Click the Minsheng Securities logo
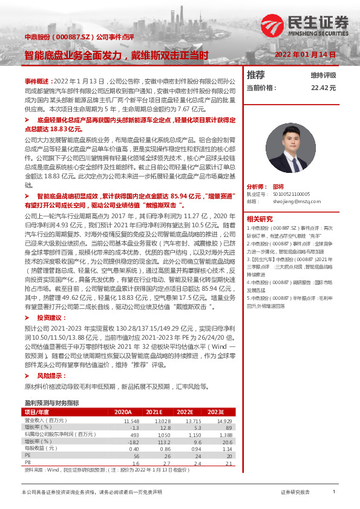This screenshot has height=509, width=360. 304,25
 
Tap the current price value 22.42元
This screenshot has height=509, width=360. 324,88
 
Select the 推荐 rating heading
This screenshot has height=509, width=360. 257,75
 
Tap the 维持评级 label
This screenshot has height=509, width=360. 323,76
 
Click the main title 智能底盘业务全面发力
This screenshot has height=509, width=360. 116,54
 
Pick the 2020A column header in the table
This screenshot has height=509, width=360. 123,412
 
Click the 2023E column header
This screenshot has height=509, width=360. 216,412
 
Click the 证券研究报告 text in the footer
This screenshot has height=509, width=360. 295,493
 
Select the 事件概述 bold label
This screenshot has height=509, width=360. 38,80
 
